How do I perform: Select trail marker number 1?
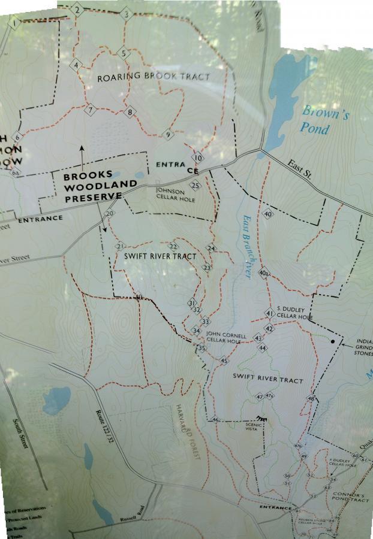(14, 23)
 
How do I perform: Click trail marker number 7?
(91, 110)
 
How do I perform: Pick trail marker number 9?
(169, 135)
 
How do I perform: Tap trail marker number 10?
(197, 158)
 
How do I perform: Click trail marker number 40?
(267, 214)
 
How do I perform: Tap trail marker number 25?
(195, 185)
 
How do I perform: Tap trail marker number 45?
(224, 361)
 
